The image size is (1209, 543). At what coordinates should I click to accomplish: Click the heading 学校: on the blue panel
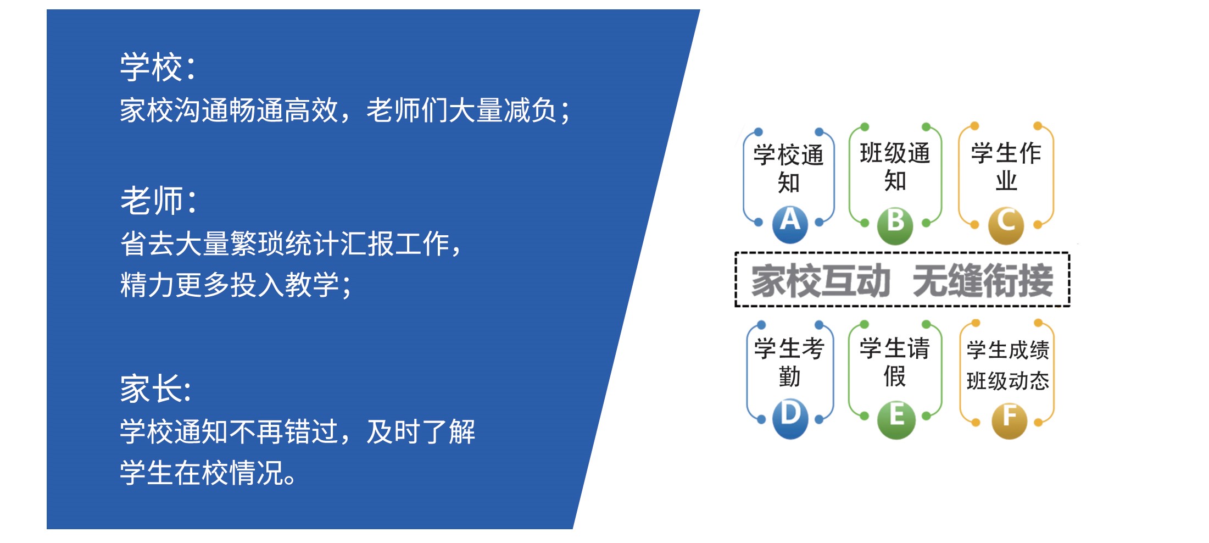[158, 67]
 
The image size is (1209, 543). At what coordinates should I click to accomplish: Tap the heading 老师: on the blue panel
[158, 200]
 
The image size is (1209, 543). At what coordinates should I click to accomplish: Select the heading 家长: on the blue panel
[156, 389]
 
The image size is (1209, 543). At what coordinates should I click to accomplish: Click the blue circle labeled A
[790, 224]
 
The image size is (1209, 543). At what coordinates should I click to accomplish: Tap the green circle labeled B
[895, 225]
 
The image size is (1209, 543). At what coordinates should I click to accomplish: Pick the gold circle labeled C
[1006, 225]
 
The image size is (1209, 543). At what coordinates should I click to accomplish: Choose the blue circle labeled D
[790, 419]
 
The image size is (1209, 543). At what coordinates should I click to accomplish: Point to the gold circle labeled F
[1010, 420]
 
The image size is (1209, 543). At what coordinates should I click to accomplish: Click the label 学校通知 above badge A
[789, 169]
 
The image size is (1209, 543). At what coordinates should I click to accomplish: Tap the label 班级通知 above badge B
[895, 167]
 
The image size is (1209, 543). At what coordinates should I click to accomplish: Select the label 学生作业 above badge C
[1006, 167]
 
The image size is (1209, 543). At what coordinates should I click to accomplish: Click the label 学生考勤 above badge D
[789, 363]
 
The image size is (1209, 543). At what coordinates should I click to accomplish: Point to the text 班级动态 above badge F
[1008, 381]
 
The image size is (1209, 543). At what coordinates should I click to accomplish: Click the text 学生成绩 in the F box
[1008, 350]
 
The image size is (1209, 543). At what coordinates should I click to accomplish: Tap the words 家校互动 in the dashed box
[821, 280]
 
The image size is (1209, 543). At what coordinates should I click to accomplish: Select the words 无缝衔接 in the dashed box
[983, 280]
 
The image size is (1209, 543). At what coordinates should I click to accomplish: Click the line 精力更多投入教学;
[236, 285]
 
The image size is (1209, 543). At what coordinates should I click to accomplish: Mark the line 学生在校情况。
[209, 473]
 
